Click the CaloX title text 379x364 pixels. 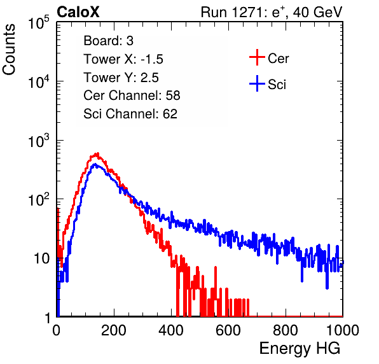[x=78, y=12]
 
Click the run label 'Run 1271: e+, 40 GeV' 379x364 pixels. [x=272, y=12]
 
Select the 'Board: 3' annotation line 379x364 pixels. [x=108, y=41]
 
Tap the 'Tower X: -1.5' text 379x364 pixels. [x=123, y=59]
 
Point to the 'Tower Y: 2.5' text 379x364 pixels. [x=121, y=78]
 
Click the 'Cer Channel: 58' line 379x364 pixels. [x=132, y=95]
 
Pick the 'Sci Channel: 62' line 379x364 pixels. [x=130, y=114]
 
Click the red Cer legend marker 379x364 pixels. [x=257, y=57]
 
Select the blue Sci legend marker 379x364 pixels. [x=257, y=83]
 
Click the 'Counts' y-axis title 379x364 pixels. [x=9, y=49]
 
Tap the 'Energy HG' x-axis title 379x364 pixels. [x=300, y=348]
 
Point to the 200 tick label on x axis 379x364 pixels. [x=114, y=330]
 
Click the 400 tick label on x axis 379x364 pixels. [x=171, y=330]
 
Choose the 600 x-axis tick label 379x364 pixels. [x=228, y=330]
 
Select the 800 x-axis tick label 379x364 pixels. [x=286, y=330]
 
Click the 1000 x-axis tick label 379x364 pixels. [x=343, y=330]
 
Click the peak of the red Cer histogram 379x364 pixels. [x=98, y=153]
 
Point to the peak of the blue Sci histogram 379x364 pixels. [x=95, y=164]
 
